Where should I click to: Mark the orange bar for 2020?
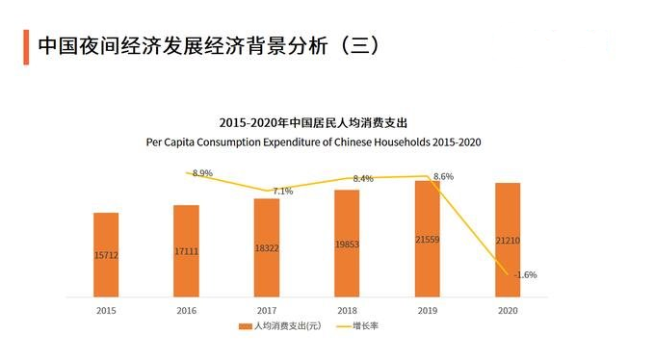(508, 240)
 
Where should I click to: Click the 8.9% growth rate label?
(202, 173)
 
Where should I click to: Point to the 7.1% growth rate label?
(283, 191)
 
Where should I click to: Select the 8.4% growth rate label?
(363, 179)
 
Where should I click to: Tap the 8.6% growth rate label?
(444, 177)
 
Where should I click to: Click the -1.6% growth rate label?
(525, 274)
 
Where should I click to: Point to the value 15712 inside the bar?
(106, 256)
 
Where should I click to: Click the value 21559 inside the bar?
(427, 238)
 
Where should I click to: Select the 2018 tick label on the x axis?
(347, 310)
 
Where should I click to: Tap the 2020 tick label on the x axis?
(508, 310)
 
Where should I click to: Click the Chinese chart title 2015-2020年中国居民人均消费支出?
(314, 123)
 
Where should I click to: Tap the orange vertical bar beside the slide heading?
(25, 47)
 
